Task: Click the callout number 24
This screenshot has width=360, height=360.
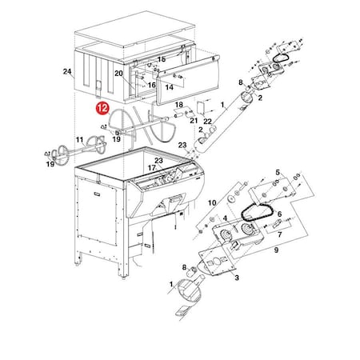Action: (67, 72)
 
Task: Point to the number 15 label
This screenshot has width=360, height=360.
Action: (161, 59)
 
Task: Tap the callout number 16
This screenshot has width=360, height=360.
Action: (151, 85)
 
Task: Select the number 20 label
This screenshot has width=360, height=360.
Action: (118, 73)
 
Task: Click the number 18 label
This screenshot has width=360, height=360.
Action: (178, 104)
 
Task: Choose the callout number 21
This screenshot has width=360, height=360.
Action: (194, 120)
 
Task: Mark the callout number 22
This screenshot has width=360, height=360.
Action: (207, 121)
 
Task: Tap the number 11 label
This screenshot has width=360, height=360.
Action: (80, 140)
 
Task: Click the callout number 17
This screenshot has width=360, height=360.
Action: (151, 168)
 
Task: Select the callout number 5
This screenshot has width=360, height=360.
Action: (278, 172)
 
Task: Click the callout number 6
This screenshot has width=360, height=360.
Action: (281, 215)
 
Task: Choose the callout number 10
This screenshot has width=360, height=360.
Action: (212, 204)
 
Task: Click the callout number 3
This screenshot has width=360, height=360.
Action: (236, 279)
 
